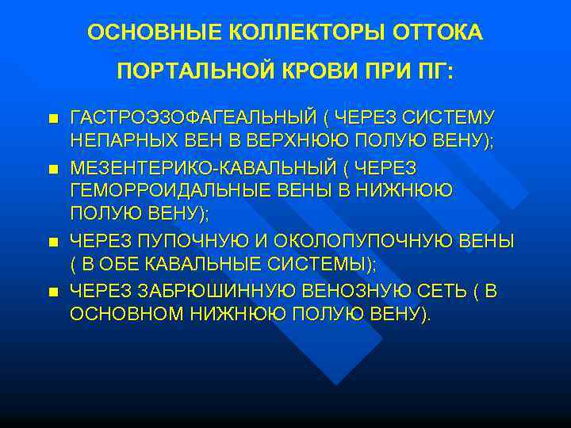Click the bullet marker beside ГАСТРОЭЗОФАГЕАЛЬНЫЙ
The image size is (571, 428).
point(52,119)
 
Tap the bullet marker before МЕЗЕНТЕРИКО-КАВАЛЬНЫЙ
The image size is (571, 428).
point(52,170)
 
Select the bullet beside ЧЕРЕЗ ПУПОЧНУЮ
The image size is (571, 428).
point(52,241)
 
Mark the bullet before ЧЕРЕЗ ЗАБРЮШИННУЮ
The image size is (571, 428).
point(52,292)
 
